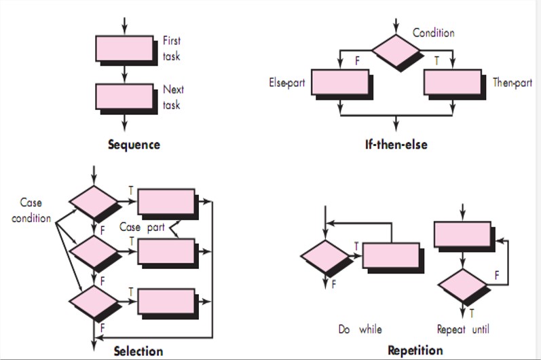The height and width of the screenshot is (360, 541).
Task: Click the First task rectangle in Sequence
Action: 124,48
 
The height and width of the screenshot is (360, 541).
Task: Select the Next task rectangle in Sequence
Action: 124,96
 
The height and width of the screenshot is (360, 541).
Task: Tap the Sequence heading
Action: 134,144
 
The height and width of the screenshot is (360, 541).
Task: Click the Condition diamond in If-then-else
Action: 396,50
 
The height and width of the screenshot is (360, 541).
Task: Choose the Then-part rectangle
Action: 452,82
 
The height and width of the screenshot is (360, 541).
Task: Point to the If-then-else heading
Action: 396,144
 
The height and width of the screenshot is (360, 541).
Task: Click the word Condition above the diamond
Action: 433,33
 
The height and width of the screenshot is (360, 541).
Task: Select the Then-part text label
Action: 513,83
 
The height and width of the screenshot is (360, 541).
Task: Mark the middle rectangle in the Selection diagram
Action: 166,251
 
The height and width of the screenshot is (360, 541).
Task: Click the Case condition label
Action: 31,210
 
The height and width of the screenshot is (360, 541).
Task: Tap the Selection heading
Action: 138,351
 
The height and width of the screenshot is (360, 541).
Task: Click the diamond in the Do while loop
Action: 325,257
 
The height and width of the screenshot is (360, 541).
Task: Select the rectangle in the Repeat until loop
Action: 462,234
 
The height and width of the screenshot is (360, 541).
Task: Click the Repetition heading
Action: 415,350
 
